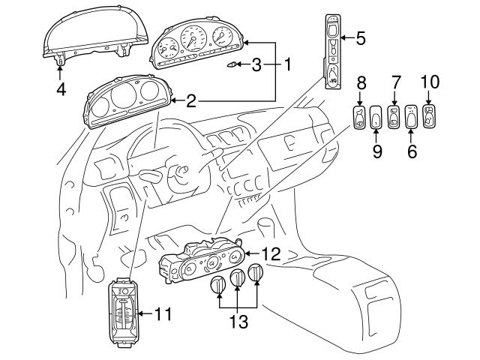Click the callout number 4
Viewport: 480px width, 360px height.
pos(60,89)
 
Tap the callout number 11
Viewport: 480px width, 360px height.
pos(163,314)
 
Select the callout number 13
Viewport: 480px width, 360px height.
pos(238,322)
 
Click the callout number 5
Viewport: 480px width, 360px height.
pos(360,37)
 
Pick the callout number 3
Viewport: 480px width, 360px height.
pos(256,65)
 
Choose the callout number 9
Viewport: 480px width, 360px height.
pos(377,151)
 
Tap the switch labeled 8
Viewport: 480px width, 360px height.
pos(358,118)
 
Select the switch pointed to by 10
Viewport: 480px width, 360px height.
pos(430,116)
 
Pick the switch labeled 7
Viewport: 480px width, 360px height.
pos(394,117)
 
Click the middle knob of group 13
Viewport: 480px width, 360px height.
pos(238,280)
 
